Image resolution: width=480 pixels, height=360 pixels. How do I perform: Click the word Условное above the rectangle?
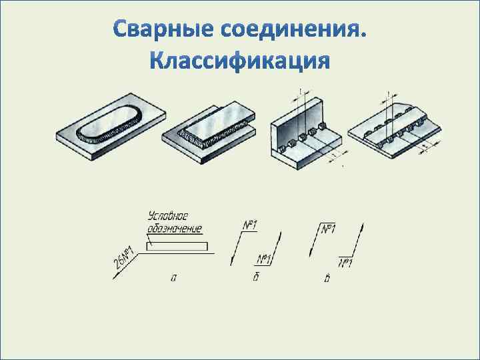point(168,217)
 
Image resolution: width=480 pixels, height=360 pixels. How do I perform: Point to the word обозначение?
point(174,229)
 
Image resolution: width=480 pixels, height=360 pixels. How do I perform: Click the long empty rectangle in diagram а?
point(177,246)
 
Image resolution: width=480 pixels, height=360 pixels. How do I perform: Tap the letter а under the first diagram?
point(174,279)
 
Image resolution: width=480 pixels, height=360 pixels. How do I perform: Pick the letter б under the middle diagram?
point(256,277)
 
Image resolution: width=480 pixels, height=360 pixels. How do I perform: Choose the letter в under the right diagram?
point(327,279)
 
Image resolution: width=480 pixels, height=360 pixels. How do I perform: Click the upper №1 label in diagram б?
point(249,226)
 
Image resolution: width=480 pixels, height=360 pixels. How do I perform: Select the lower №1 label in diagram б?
point(264,259)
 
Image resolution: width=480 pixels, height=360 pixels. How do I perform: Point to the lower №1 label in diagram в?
point(345,263)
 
